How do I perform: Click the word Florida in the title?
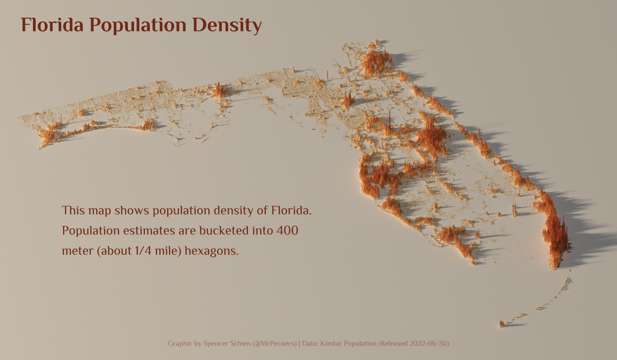(x=52, y=25)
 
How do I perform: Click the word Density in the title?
(x=227, y=25)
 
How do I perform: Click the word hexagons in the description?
(x=211, y=251)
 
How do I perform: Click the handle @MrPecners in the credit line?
(x=274, y=343)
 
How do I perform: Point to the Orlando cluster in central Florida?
(x=431, y=138)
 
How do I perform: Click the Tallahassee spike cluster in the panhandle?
(x=219, y=91)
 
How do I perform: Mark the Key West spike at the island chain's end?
(x=502, y=324)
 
